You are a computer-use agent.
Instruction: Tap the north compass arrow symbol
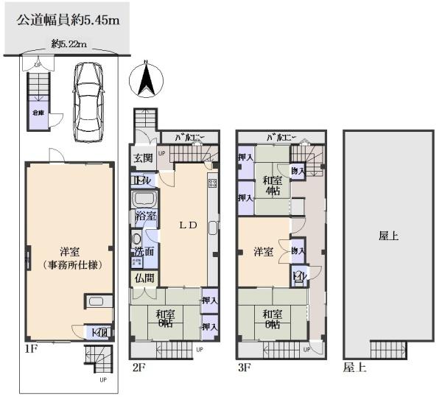tap(146, 77)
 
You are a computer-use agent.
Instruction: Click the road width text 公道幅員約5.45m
tap(69, 20)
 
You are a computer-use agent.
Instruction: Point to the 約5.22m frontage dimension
tap(69, 44)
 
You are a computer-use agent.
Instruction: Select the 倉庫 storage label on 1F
tap(36, 113)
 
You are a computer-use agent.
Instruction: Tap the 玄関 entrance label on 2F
tap(143, 158)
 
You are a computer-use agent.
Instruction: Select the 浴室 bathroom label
tap(145, 217)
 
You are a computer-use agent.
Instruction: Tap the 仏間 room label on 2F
tap(143, 278)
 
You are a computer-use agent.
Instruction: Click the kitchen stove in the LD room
tap(212, 183)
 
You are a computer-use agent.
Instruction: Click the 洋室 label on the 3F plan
tap(264, 252)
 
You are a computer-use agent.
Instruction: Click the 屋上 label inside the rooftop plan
tap(388, 236)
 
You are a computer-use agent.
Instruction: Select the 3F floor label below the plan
tap(244, 365)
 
